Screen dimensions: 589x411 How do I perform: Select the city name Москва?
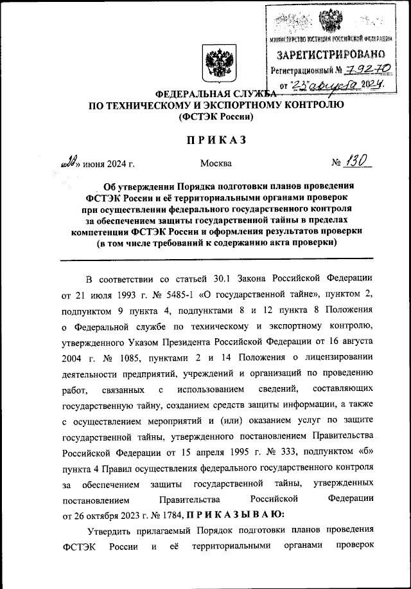[216, 164]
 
